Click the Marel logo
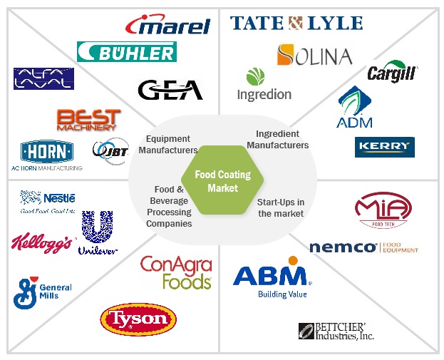(x=167, y=25)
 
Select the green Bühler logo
(x=126, y=52)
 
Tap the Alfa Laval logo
(x=43, y=79)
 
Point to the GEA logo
(x=170, y=90)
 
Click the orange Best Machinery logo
(x=88, y=119)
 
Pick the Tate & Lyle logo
(x=296, y=23)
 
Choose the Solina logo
(x=314, y=55)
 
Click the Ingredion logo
(x=264, y=85)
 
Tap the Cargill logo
(x=392, y=72)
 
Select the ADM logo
(x=355, y=108)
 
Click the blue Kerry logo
(x=384, y=147)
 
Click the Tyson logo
(x=138, y=319)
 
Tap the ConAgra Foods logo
(x=176, y=272)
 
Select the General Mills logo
(x=42, y=293)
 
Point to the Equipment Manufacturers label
(x=167, y=144)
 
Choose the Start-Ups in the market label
(x=281, y=208)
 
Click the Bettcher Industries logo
(x=335, y=331)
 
